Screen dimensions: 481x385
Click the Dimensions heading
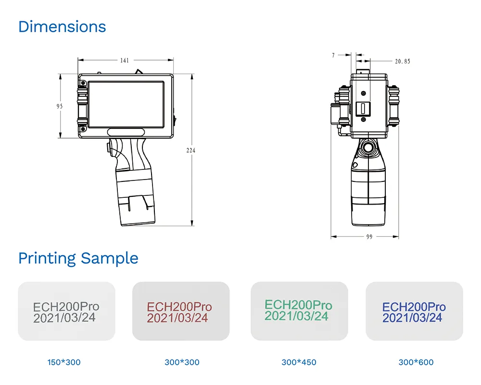[62, 27]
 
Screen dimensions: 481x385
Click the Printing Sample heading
[78, 258]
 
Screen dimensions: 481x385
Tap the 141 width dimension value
[125, 60]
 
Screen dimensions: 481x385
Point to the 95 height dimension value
[60, 106]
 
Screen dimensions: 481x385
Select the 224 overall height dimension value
[191, 150]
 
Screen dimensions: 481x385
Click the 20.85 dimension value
[403, 62]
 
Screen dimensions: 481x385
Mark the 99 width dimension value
[369, 237]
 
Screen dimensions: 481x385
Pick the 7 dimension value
[333, 55]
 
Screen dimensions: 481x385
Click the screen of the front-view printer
[126, 104]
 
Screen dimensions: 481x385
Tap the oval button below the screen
[126, 132]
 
